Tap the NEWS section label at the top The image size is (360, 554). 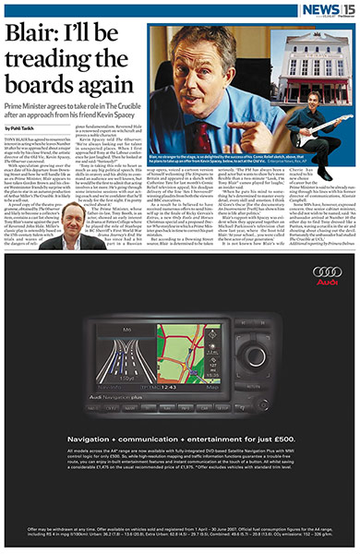319,8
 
